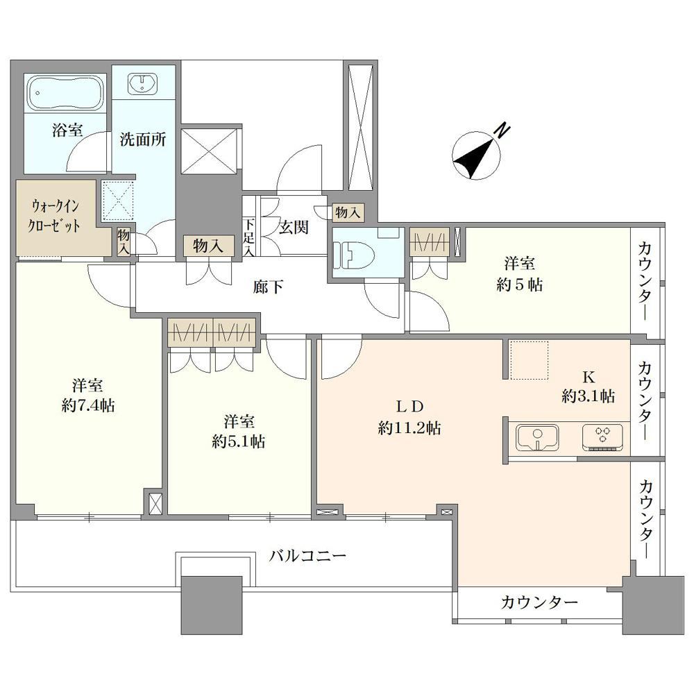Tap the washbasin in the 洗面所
pyautogui.click(x=142, y=84)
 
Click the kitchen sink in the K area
pyautogui.click(x=537, y=437)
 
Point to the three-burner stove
pyautogui.click(x=602, y=437)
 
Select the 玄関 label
pyautogui.click(x=294, y=228)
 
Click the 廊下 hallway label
pyautogui.click(x=268, y=287)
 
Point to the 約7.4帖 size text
pyautogui.click(x=88, y=405)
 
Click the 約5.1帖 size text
pyautogui.click(x=239, y=441)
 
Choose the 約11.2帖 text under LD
pyautogui.click(x=409, y=428)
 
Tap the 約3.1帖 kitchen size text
pyautogui.click(x=589, y=396)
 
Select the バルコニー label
pyautogui.click(x=307, y=555)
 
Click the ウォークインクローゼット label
pyautogui.click(x=54, y=216)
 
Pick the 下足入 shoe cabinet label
pyautogui.click(x=249, y=237)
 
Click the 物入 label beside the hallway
pyautogui.click(x=208, y=246)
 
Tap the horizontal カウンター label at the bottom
pyautogui.click(x=539, y=602)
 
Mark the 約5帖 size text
pyautogui.click(x=520, y=285)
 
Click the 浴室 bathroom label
pyautogui.click(x=67, y=130)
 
